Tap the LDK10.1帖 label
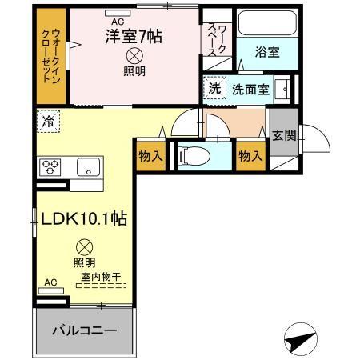pyautogui.click(x=82, y=217)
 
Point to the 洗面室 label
pyautogui.click(x=250, y=89)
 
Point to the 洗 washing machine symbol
pyautogui.click(x=215, y=89)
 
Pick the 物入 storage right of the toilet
pyautogui.click(x=250, y=155)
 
